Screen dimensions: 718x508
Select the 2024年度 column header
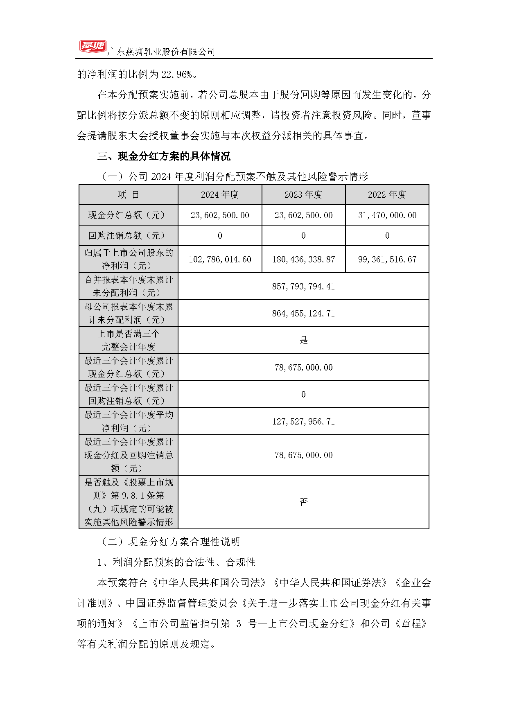(220, 195)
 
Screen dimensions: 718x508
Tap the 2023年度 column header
(303, 195)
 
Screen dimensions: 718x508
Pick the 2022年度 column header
(387, 195)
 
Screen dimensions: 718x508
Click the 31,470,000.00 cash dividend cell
(387, 215)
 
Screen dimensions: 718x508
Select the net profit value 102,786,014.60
(220, 260)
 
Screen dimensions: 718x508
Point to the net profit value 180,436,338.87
(303, 260)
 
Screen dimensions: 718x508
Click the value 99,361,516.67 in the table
(387, 260)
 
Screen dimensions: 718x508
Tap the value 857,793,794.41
(303, 287)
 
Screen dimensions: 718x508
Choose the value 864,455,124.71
(303, 314)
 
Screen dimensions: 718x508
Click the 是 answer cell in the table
(303, 340)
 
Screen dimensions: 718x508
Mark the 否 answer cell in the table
(303, 502)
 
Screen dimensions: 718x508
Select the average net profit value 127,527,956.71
(303, 422)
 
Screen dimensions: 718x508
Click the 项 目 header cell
(129, 195)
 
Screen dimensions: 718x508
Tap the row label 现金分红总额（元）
(129, 215)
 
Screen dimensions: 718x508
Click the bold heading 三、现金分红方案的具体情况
(164, 156)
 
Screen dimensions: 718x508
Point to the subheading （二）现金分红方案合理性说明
(171, 542)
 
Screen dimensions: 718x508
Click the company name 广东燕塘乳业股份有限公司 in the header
(161, 52)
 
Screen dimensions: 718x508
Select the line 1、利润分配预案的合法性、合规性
(176, 562)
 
